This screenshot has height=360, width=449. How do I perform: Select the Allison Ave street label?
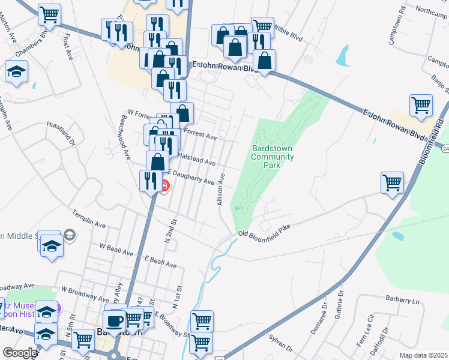pyautogui.click(x=221, y=190)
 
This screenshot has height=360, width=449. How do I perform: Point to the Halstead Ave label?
pyautogui.click(x=196, y=160)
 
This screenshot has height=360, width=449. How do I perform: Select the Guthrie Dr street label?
pyautogui.click(x=340, y=304)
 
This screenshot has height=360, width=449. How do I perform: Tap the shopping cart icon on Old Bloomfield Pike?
pyautogui.click(x=393, y=181)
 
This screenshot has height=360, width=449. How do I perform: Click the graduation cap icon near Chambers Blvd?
pyautogui.click(x=16, y=71)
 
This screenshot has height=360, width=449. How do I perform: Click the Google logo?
pyautogui.click(x=20, y=353)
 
